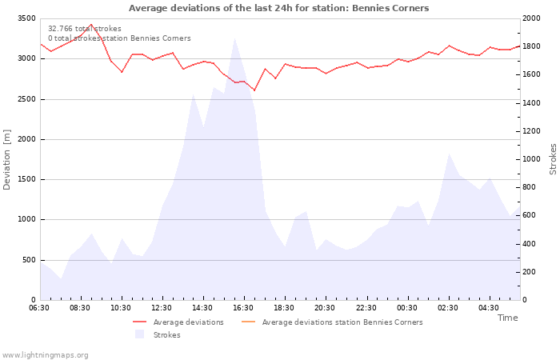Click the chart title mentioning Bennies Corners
point(278,8)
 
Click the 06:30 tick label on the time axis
point(39,308)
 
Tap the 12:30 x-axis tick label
point(162,308)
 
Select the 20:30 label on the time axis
point(325,308)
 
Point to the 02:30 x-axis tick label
point(448,308)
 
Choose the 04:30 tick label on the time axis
point(489,308)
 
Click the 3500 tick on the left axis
point(26,18)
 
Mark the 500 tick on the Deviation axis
point(29,260)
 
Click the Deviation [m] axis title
point(7,159)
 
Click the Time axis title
point(507,318)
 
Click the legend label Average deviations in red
point(188,322)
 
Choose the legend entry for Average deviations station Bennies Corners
point(342,322)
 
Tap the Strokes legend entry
point(166,335)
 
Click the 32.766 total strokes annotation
point(85,29)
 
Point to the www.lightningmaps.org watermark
point(45,354)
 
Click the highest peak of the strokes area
point(234,38)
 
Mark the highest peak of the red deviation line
point(91,25)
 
